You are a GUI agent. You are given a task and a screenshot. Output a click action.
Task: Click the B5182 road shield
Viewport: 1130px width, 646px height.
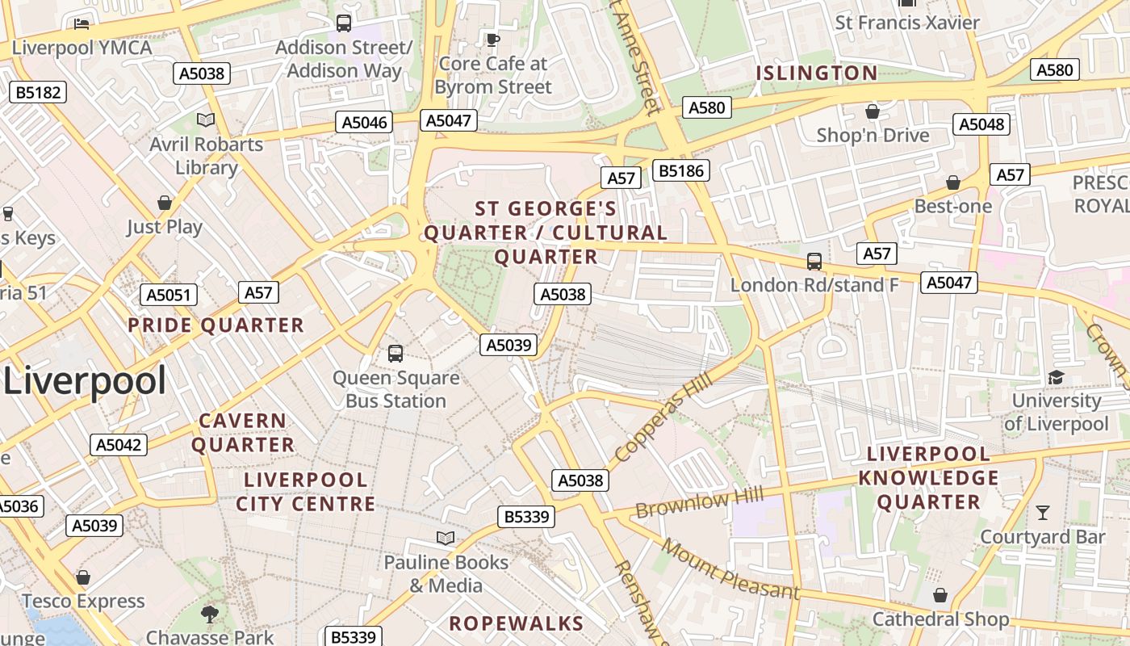click(x=38, y=92)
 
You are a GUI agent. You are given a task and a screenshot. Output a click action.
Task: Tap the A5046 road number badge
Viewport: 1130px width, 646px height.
click(x=364, y=123)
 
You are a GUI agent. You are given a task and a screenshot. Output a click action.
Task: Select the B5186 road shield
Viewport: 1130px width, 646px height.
click(x=681, y=170)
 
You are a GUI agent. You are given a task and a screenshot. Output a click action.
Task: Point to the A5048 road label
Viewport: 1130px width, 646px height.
click(x=981, y=124)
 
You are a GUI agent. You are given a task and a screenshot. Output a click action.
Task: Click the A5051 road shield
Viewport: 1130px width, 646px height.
click(x=168, y=295)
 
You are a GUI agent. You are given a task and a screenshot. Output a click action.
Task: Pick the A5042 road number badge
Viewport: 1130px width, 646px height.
click(x=119, y=445)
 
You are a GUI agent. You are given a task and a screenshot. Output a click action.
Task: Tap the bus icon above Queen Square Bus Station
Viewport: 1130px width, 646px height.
click(x=395, y=353)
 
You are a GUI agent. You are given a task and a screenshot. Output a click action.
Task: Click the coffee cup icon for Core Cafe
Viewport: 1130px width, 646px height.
click(x=492, y=39)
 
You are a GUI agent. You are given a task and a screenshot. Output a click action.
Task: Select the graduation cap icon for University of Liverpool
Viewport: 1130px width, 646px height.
click(x=1056, y=377)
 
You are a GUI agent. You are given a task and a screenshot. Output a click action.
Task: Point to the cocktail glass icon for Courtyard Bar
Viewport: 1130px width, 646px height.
click(x=1043, y=512)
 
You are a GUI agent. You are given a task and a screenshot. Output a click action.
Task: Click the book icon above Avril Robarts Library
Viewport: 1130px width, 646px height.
click(x=206, y=120)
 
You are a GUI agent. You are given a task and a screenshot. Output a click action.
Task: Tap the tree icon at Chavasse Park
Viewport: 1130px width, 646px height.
click(x=210, y=614)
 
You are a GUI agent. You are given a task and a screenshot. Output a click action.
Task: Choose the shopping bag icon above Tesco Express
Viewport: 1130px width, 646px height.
click(x=82, y=577)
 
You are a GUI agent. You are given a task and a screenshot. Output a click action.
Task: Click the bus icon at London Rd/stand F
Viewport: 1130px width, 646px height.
click(x=814, y=262)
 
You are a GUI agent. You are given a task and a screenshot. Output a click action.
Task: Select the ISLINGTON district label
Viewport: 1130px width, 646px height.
click(x=816, y=73)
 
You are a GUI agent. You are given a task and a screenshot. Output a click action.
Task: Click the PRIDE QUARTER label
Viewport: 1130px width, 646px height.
click(x=216, y=325)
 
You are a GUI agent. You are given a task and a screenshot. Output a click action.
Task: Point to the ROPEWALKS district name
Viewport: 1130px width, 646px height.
click(x=516, y=623)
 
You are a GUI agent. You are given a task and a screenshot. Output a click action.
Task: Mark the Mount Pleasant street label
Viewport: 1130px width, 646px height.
click(x=730, y=569)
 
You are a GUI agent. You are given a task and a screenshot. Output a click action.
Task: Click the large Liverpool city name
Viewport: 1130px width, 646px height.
click(x=85, y=381)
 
